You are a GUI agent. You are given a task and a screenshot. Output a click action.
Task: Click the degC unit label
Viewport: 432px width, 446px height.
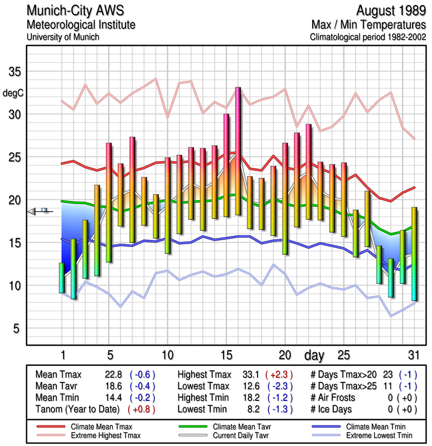tap(14, 93)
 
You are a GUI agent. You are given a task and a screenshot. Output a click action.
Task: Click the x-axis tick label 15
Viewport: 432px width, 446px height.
tap(226, 355)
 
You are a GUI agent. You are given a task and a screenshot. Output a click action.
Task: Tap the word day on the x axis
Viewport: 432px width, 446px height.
tap(316, 355)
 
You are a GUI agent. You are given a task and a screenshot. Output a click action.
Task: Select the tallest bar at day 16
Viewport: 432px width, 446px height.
tap(238, 151)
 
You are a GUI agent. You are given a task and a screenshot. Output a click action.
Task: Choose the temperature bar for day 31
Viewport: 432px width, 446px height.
tap(414, 254)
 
